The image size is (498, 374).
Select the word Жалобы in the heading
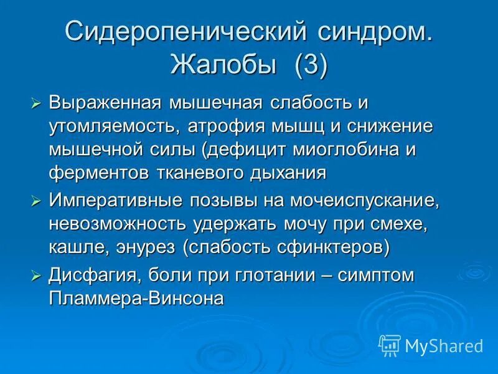[225, 65]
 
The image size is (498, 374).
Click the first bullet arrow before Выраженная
[36, 103]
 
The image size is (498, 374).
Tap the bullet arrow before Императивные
[36, 201]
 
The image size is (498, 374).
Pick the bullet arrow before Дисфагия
[36, 275]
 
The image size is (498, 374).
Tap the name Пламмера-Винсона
[136, 298]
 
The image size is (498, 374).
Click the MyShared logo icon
[389, 344]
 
